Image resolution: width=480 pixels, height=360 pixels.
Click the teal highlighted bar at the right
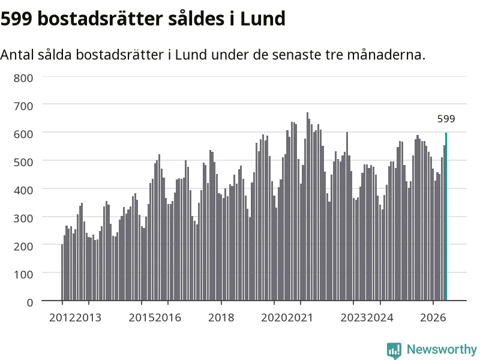tap(446, 217)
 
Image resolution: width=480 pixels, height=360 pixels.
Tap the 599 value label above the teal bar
tap(446, 119)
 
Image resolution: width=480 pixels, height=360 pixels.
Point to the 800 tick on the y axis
tap(23, 78)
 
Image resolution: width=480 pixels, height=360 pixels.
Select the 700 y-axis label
tap(23, 106)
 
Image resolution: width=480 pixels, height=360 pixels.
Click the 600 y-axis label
tap(23, 134)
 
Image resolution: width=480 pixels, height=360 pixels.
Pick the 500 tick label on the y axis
tap(23, 162)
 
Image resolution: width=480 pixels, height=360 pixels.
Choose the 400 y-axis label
tap(23, 190)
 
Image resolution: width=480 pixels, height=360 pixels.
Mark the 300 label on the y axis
tap(23, 218)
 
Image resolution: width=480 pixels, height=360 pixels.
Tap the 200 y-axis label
tap(23, 247)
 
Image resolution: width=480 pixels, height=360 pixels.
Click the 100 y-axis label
tap(23, 275)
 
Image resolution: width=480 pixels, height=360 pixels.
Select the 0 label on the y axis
tap(30, 303)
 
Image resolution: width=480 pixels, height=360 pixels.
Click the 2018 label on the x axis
tap(221, 317)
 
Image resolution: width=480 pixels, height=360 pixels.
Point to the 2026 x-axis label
tap(433, 317)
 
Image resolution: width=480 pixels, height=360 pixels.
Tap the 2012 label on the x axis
tap(62, 317)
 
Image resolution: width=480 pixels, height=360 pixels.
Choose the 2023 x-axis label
tap(353, 317)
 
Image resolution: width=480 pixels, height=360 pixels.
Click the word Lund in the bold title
tap(263, 19)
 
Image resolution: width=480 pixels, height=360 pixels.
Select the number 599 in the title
tap(16, 19)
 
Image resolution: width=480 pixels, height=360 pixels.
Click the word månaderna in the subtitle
tap(386, 55)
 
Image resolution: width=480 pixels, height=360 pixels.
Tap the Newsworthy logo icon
tap(394, 350)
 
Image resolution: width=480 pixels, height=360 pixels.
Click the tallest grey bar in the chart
tap(307, 206)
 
